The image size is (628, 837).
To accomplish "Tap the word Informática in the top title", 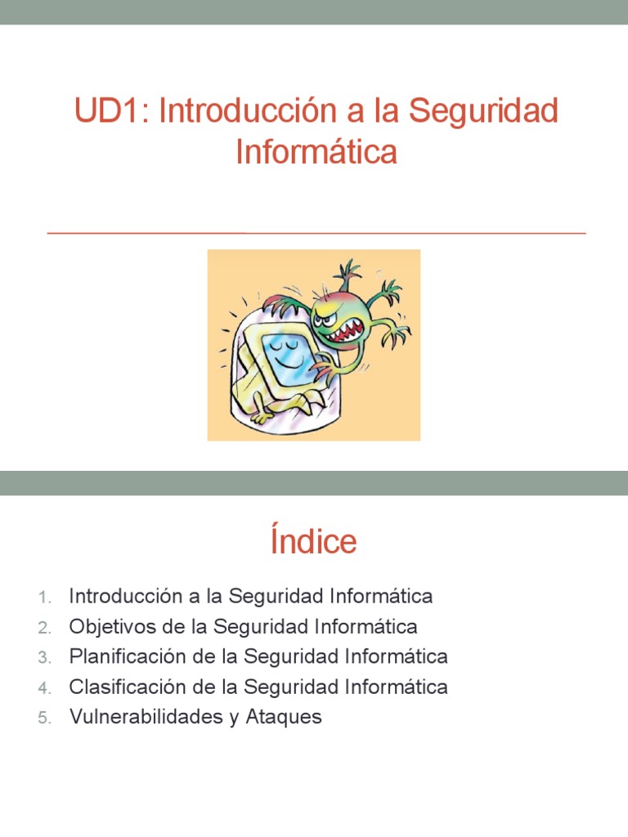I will (x=316, y=152).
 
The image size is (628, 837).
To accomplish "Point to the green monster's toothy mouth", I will (x=343, y=331).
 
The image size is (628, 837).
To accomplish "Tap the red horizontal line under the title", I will (x=316, y=233).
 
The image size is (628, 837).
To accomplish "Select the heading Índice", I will (x=313, y=542).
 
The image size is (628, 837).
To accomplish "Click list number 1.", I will (x=44, y=598).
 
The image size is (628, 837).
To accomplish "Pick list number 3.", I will (x=44, y=658).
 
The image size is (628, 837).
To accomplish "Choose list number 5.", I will (x=44, y=718).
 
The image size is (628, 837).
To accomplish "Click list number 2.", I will (x=44, y=628).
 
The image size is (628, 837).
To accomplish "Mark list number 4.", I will (x=44, y=688).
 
